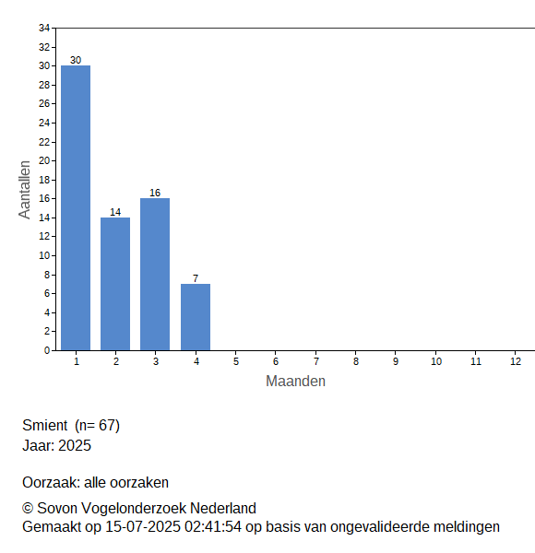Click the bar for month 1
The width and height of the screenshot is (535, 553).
(x=76, y=207)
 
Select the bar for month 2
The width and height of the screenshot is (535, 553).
(x=115, y=284)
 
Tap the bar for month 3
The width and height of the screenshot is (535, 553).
(x=155, y=274)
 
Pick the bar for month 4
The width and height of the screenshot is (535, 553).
(x=196, y=317)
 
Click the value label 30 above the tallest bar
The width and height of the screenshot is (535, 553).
(x=76, y=60)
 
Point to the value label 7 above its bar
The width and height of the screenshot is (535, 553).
(x=196, y=278)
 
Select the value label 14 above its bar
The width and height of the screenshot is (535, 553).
(x=115, y=212)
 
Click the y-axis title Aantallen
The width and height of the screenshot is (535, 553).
(x=25, y=190)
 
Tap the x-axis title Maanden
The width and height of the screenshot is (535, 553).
(x=295, y=382)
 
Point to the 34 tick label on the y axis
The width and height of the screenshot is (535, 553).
(x=44, y=28)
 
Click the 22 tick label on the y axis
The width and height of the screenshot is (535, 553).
(x=44, y=142)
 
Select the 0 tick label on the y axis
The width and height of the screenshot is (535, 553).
(x=47, y=350)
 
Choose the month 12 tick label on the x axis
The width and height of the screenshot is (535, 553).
(x=516, y=361)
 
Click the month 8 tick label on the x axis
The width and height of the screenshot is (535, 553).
(x=356, y=361)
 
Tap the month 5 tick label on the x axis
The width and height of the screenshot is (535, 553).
(x=236, y=361)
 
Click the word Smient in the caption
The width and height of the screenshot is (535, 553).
(x=45, y=425)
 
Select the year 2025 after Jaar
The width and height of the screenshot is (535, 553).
(x=75, y=445)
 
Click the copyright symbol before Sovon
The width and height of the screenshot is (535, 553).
(x=28, y=509)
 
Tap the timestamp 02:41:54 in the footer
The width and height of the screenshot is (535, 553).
(x=213, y=527)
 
